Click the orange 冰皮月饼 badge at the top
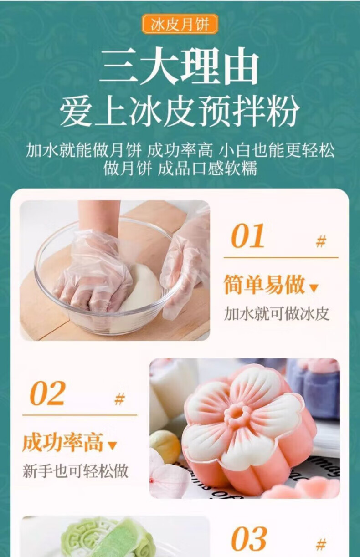[x=180, y=24]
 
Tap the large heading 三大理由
[x=180, y=66]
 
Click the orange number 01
[x=247, y=235]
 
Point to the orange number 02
[x=47, y=393]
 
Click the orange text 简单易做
[x=264, y=285]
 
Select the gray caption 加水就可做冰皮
[x=277, y=313]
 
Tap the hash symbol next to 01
[x=321, y=241]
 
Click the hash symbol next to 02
[x=119, y=399]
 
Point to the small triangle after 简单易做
[x=314, y=288]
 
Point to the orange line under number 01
[x=281, y=258]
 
